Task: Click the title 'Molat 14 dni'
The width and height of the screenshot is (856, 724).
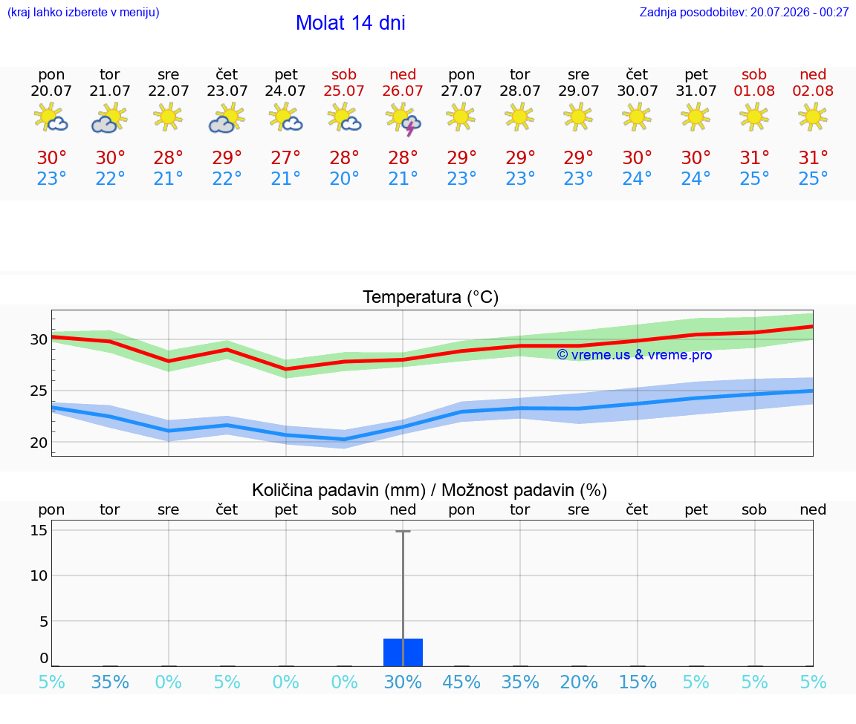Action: click(x=351, y=23)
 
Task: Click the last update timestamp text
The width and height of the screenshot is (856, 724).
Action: click(x=744, y=12)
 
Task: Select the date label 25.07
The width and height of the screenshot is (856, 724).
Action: click(x=344, y=91)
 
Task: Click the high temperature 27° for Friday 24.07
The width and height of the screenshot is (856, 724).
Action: click(x=285, y=157)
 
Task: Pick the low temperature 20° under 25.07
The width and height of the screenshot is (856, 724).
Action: click(x=344, y=178)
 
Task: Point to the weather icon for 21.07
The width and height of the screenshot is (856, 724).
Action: click(x=110, y=118)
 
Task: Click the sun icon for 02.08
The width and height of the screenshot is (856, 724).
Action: click(x=813, y=117)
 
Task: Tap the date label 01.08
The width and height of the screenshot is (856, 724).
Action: click(x=754, y=91)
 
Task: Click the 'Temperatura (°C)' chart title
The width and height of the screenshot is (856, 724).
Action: click(x=431, y=297)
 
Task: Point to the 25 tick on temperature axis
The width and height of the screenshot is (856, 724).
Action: click(x=39, y=391)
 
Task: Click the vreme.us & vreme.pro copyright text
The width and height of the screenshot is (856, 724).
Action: click(x=635, y=355)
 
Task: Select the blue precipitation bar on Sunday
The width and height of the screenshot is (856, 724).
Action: click(x=403, y=653)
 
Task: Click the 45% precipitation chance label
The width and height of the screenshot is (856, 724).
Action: click(x=461, y=682)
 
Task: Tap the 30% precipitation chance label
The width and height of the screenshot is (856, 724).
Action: click(x=403, y=682)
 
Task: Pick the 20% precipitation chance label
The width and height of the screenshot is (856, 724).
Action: click(x=579, y=682)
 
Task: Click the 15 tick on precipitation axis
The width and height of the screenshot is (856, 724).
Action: click(x=39, y=529)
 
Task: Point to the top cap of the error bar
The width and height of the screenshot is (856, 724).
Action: click(x=403, y=531)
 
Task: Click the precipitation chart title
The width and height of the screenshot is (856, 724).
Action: click(x=429, y=490)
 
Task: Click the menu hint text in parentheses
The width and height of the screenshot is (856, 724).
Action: click(x=83, y=12)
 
